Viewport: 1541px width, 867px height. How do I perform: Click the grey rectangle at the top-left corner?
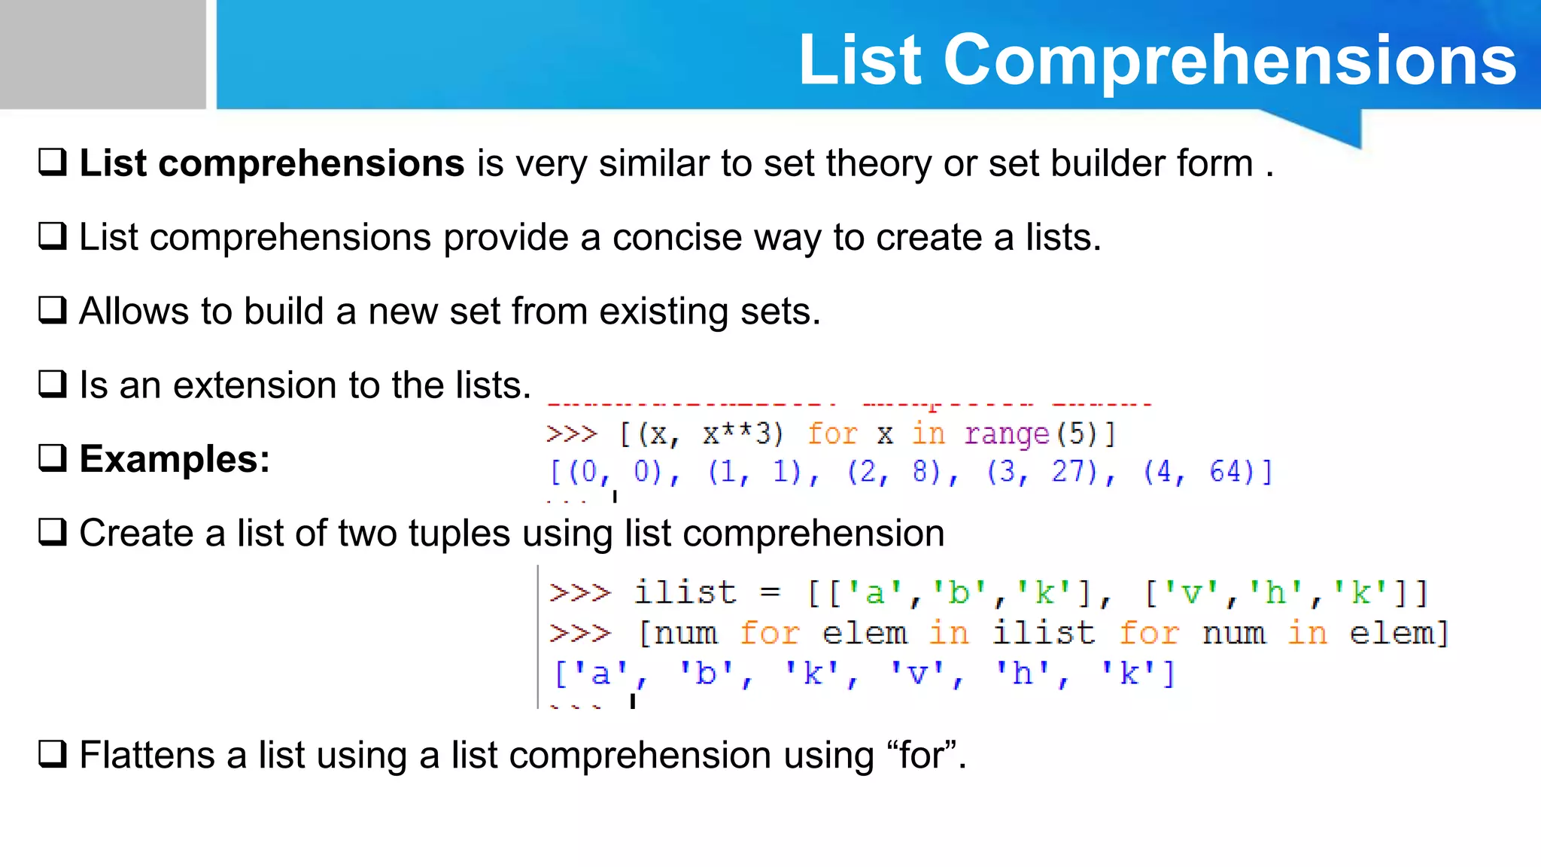102,54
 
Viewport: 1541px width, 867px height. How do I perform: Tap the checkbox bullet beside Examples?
53,458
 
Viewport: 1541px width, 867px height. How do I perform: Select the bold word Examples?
175,459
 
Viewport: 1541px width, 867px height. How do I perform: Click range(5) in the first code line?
1040,434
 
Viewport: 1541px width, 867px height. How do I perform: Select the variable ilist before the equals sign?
685,592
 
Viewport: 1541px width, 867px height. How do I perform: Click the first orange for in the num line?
768,633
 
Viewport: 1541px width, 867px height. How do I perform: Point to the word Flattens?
147,756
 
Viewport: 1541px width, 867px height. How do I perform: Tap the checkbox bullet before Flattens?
53,753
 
